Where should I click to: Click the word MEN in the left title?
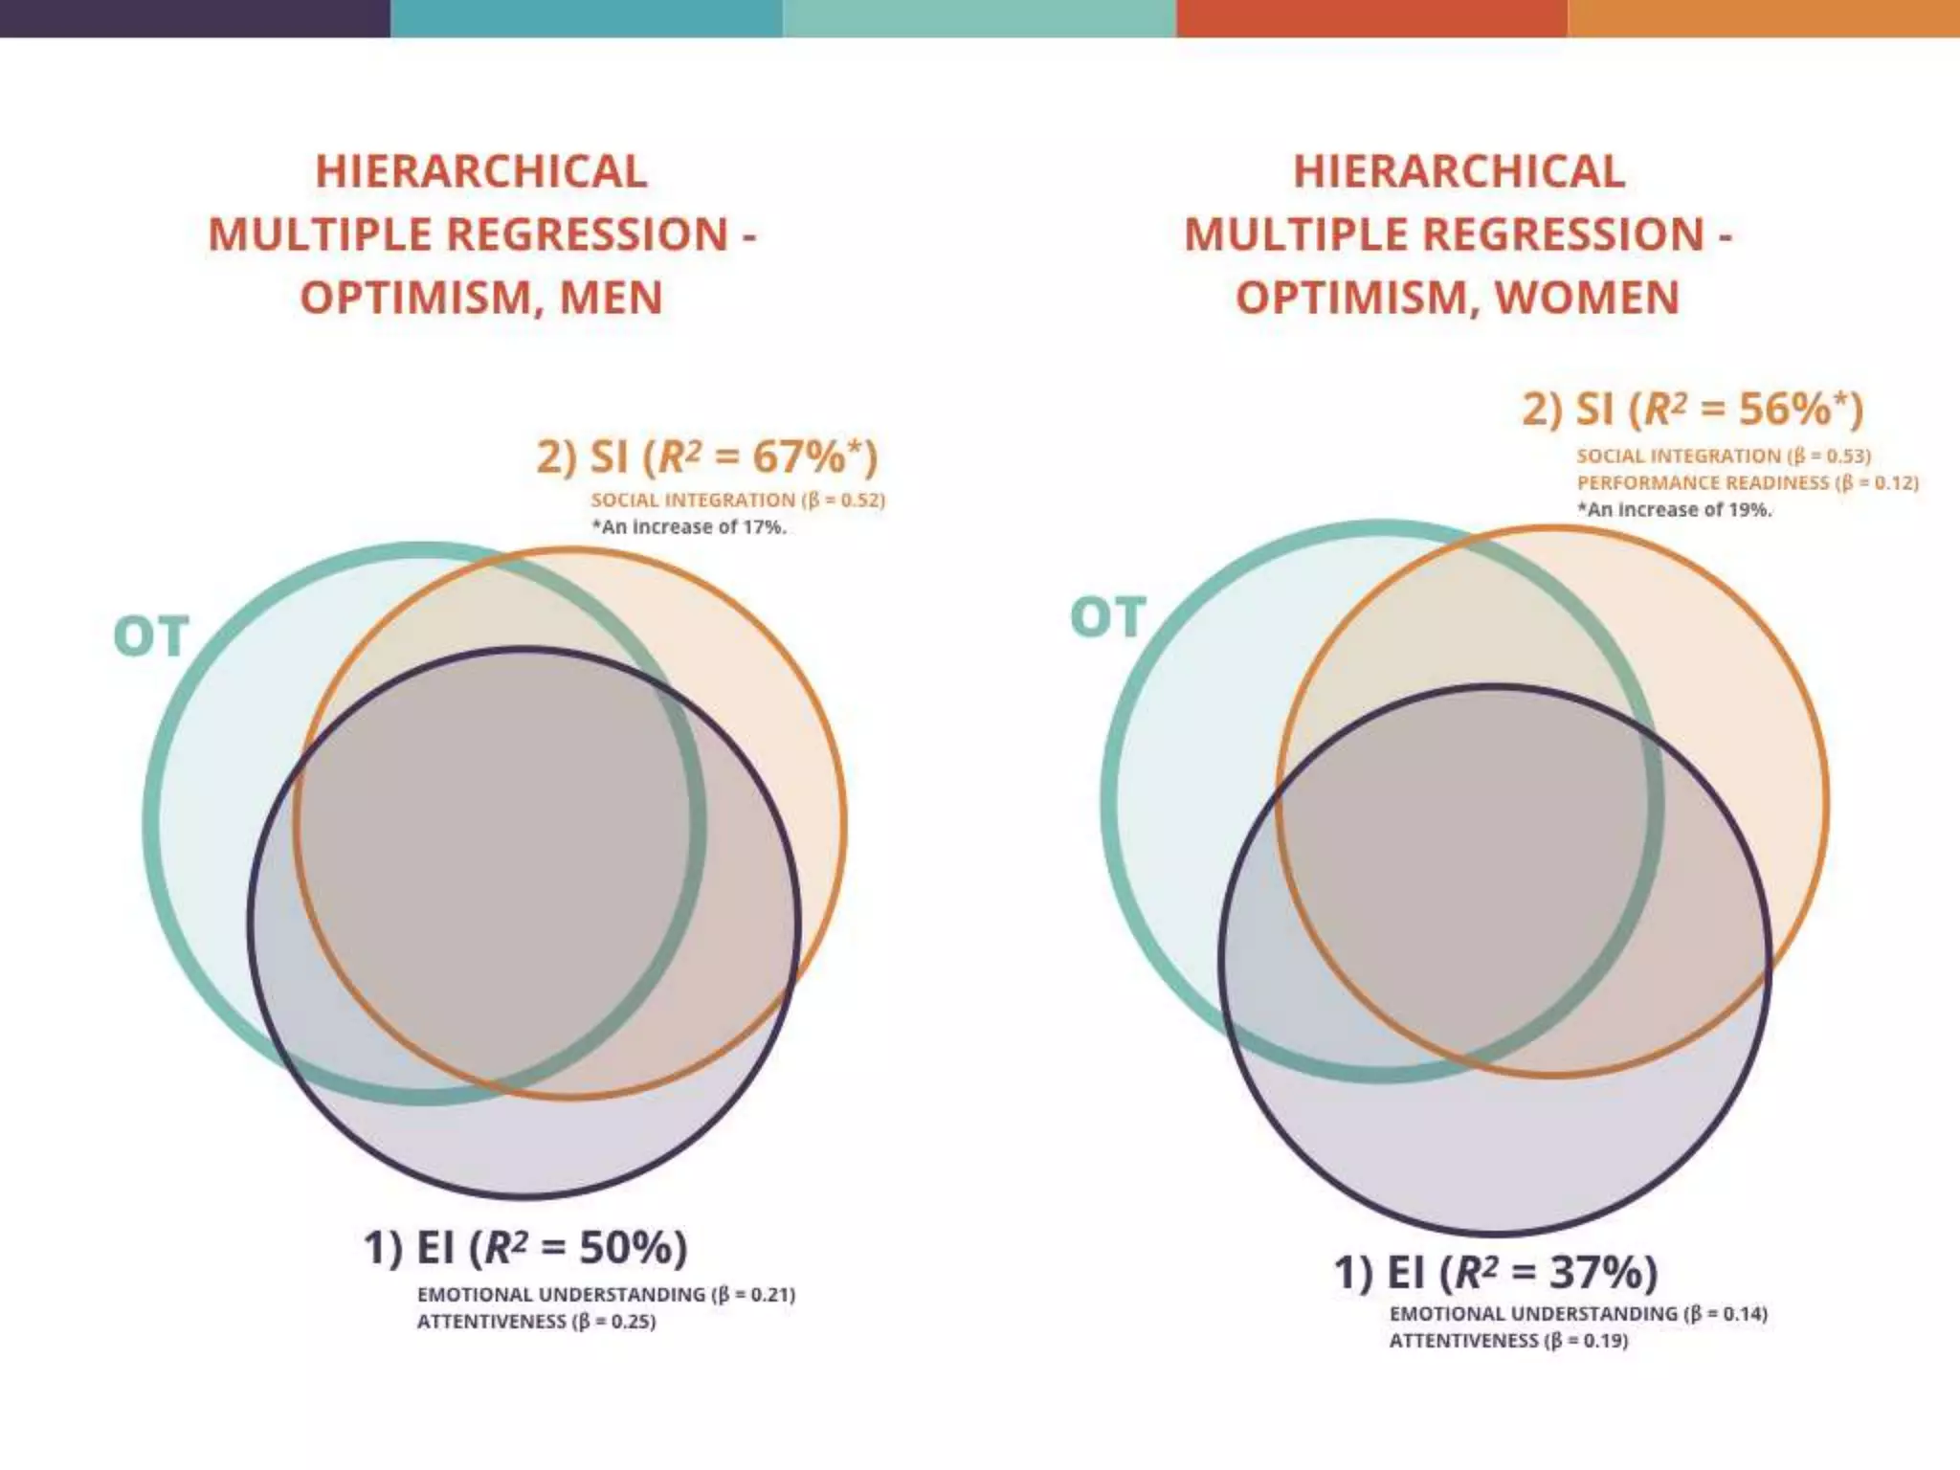(611, 298)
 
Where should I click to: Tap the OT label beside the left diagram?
(151, 637)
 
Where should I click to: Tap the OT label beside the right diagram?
(1108, 617)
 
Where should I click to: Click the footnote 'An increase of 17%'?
(689, 527)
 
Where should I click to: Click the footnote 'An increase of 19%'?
(1675, 510)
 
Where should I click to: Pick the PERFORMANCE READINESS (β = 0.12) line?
(1748, 483)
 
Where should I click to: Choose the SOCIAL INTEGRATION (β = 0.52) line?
(738, 501)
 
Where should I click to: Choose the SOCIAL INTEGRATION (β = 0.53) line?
(1724, 457)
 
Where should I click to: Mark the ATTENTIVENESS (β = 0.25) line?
(536, 1322)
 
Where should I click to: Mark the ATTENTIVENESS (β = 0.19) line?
(1508, 1341)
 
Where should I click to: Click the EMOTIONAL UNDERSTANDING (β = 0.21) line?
(606, 1295)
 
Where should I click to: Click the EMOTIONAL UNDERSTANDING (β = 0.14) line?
(1578, 1314)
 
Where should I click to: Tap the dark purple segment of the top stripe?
(195, 18)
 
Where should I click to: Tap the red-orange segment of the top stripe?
(1371, 18)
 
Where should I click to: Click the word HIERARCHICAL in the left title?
(481, 172)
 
